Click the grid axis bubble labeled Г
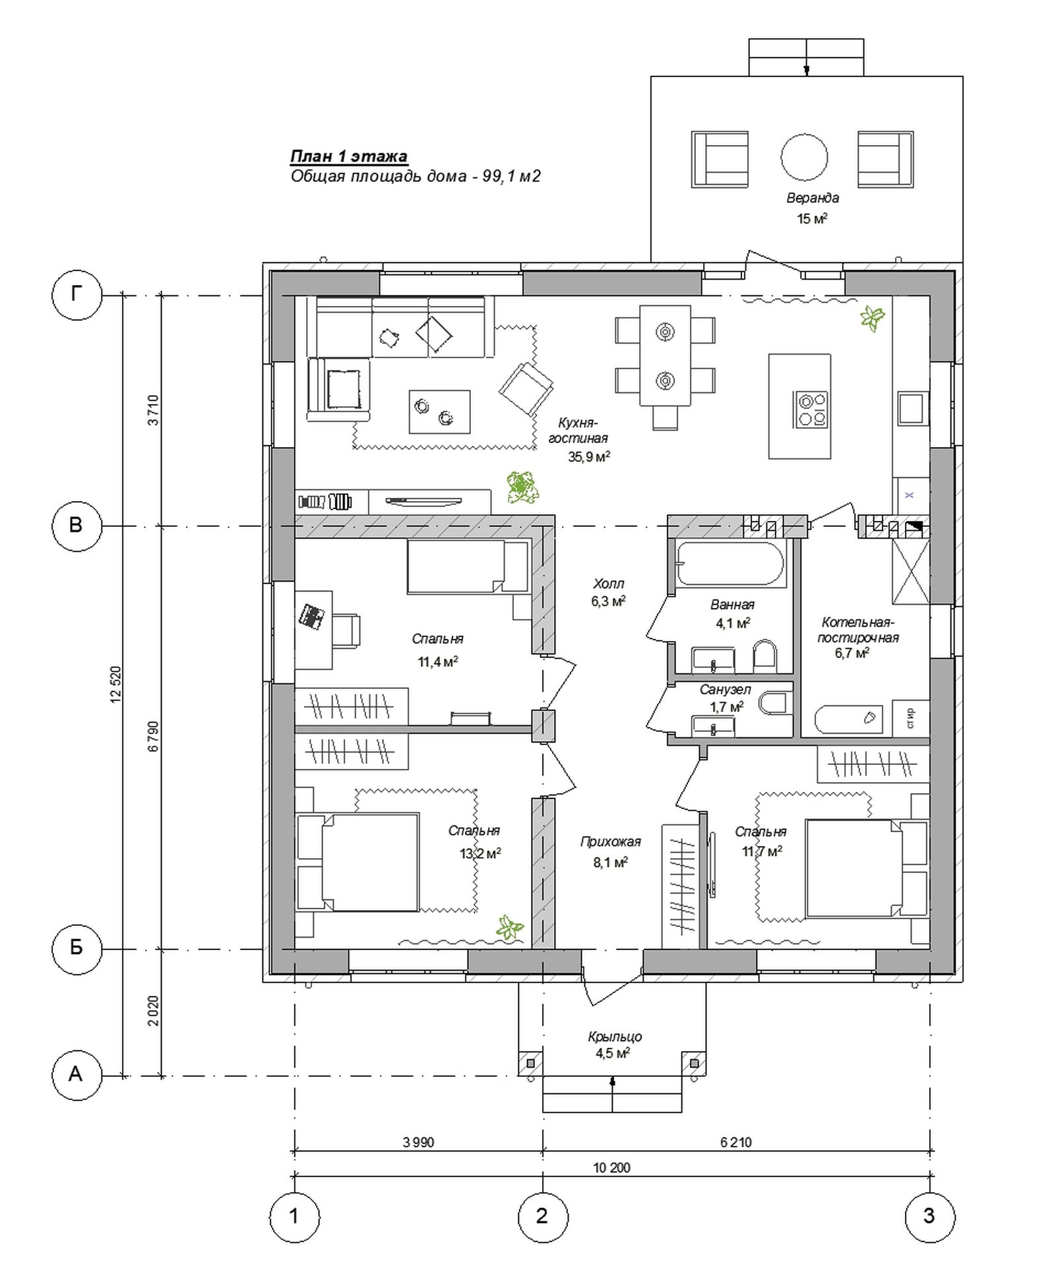(x=77, y=295)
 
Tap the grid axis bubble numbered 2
(x=542, y=1215)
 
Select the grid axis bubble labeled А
(x=77, y=1074)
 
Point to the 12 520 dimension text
(x=116, y=685)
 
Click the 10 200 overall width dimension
(x=611, y=1168)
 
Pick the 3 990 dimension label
(x=418, y=1143)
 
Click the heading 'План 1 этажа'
(x=349, y=156)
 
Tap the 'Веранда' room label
(x=812, y=198)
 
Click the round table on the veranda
(x=804, y=157)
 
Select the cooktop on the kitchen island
(x=811, y=409)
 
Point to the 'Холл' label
(x=608, y=584)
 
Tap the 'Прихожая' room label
(x=610, y=842)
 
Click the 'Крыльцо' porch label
(x=615, y=1037)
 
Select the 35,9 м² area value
(x=588, y=456)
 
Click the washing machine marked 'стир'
(x=910, y=717)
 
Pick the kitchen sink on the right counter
(x=913, y=407)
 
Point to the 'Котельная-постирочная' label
(x=858, y=630)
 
